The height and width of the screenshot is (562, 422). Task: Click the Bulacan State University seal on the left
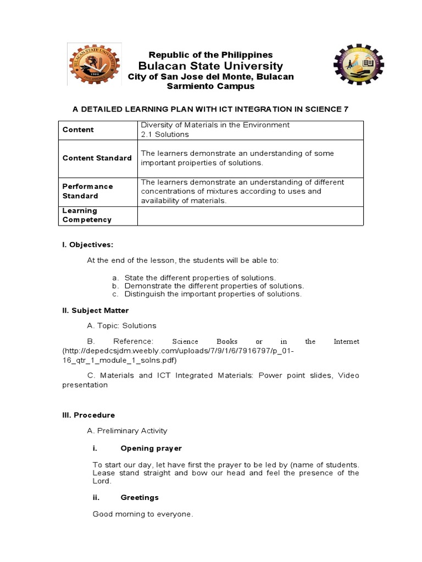[91, 66]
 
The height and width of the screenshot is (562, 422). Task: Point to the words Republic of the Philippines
[211, 55]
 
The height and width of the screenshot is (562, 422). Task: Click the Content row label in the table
[78, 130]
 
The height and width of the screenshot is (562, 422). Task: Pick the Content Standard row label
[97, 158]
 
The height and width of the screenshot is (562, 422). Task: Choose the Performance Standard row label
[88, 191]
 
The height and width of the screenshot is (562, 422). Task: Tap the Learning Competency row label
[87, 215]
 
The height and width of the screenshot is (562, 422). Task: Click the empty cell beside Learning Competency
[250, 215]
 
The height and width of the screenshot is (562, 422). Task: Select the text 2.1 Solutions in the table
[165, 134]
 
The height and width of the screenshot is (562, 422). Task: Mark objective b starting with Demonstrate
[214, 286]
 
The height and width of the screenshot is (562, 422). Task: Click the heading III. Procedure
[88, 415]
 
